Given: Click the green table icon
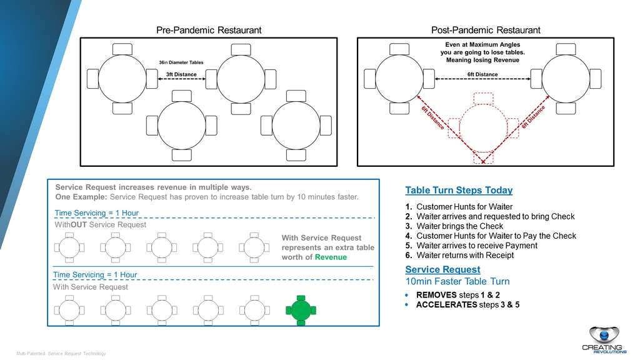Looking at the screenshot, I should [301, 309].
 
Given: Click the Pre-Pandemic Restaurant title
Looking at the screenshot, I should [208, 30].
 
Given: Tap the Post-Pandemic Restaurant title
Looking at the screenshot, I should [486, 30].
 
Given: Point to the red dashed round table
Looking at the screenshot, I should [483, 127].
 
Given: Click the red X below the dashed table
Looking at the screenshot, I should [483, 161].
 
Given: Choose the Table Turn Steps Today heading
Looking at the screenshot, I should [459, 191].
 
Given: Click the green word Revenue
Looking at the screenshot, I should [331, 257].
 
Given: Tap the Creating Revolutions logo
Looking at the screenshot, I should [606, 340].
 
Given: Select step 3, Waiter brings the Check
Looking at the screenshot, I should [459, 226].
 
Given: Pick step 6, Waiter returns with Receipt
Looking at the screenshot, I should [465, 255].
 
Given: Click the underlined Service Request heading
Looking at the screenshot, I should [442, 269].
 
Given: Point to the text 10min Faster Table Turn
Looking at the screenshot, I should [457, 281].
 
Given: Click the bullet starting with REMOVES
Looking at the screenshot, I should [453, 294].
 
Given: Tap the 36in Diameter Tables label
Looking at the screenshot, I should [181, 62].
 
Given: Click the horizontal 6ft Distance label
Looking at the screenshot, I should [482, 75].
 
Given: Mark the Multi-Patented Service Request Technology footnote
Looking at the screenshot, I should [61, 354].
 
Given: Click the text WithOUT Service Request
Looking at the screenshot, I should [100, 224].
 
